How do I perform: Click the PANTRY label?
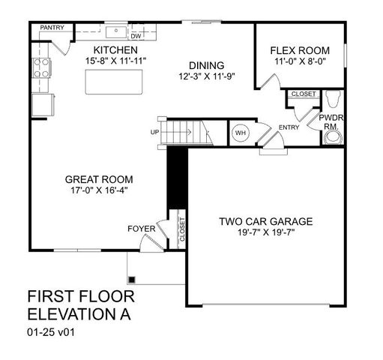(52, 28)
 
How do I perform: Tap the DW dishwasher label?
(136, 35)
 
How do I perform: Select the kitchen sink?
(117, 32)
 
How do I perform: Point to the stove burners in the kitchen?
(40, 67)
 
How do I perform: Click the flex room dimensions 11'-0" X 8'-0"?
(299, 64)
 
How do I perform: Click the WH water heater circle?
(240, 133)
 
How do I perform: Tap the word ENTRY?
(289, 127)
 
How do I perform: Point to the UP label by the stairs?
(155, 133)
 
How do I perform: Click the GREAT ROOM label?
(99, 179)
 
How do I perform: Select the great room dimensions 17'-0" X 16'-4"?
(99, 191)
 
